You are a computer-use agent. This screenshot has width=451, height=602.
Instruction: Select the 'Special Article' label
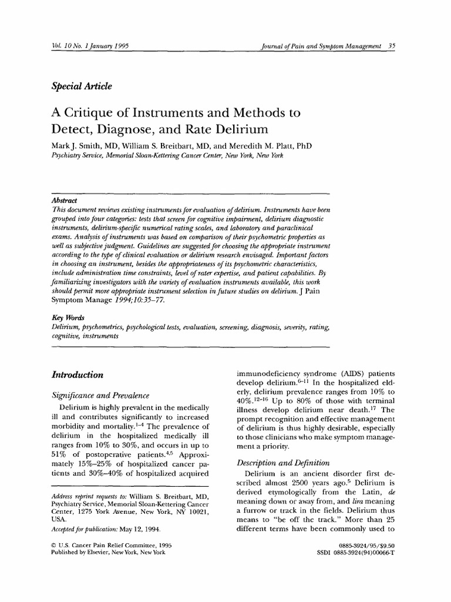(82, 86)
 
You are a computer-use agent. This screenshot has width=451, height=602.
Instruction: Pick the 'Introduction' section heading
(78, 374)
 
